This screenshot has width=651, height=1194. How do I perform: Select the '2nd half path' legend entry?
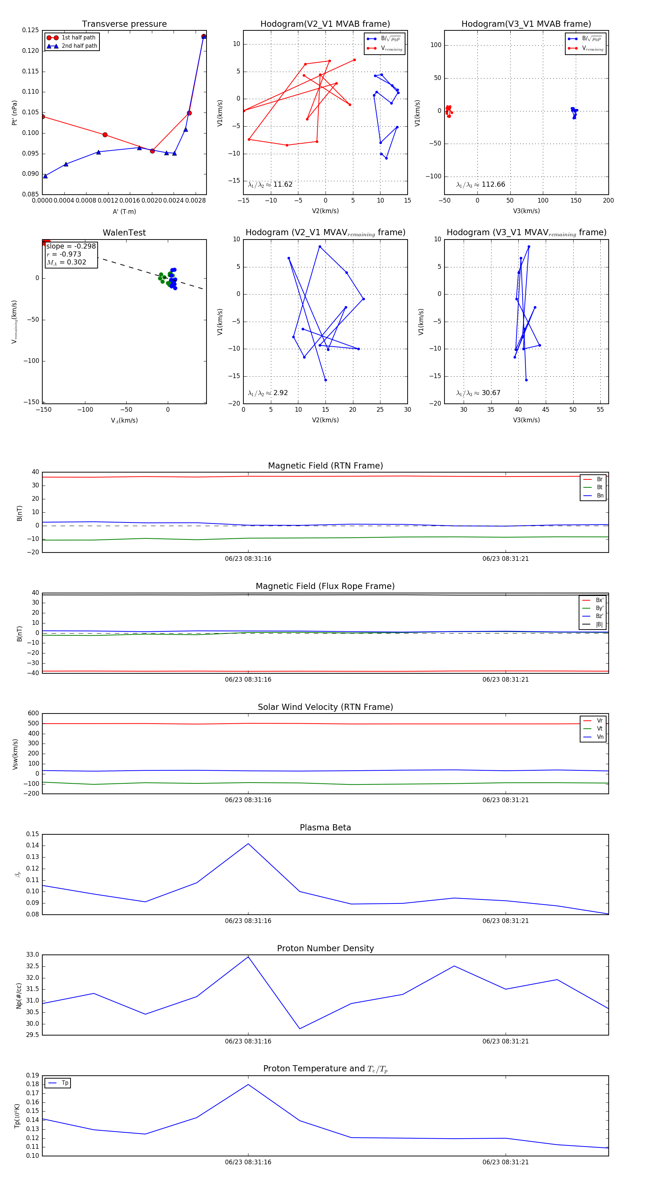coord(79,46)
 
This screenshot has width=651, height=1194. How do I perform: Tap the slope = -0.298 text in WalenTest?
coord(71,246)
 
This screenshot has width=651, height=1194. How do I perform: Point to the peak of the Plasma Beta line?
coord(248,844)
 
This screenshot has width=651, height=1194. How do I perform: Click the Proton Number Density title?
coord(325,948)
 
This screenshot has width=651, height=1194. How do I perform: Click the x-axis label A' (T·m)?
coord(124,211)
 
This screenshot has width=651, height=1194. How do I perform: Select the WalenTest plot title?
coord(124,233)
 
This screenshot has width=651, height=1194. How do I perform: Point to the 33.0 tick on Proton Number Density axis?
coord(33,954)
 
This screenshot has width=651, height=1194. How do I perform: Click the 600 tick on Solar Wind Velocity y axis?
coord(33,714)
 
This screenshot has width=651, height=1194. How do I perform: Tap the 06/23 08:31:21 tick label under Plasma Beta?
coord(506,920)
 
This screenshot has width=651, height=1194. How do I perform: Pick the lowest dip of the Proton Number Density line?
coord(300,1029)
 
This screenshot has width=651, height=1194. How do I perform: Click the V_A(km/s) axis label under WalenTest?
coord(124,420)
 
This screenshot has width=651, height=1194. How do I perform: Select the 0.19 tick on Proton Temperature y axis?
coord(33,1075)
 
